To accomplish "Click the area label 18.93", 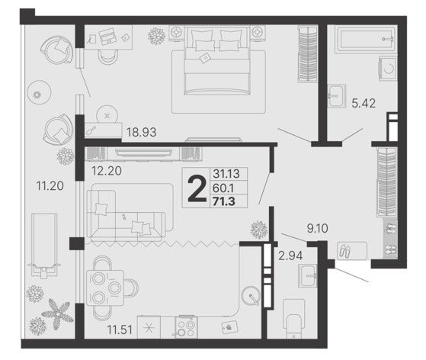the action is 142,133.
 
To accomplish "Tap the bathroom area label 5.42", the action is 364,103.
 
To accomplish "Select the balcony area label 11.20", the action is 50,186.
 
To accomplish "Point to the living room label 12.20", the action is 107,171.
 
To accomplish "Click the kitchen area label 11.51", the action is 120,329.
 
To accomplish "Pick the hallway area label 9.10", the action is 317,228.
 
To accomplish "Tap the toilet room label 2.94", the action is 290,256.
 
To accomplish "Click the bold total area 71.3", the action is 224,202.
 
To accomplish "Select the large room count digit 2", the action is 197,188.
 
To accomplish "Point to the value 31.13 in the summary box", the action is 226,173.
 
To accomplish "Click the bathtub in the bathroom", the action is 365,40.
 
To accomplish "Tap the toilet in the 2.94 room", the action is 293,320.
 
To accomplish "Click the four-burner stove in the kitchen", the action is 187,328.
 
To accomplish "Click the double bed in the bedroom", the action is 217,60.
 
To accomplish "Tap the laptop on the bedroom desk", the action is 107,37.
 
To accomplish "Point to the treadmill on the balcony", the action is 44,246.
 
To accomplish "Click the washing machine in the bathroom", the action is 388,69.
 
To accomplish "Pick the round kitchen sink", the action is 251,296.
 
